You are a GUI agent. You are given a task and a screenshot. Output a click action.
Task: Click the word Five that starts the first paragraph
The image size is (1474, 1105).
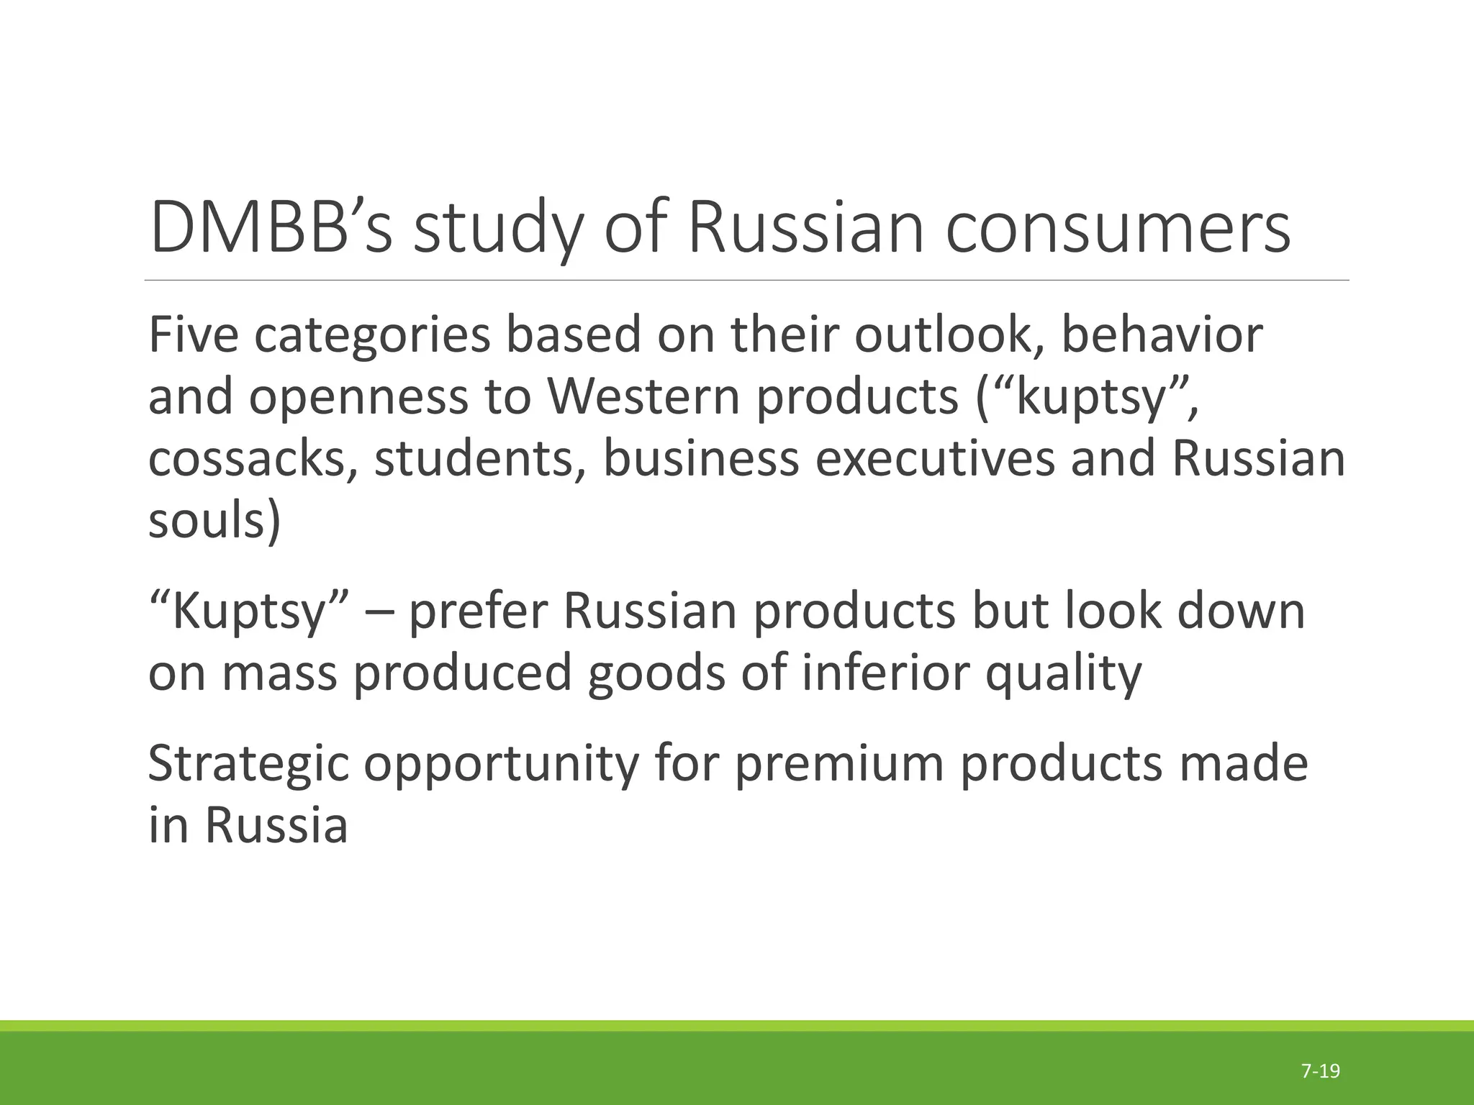pos(192,335)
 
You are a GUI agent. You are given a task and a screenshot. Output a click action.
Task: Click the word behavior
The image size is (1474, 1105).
pos(1162,335)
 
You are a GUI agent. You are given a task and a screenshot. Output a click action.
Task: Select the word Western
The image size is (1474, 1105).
pos(643,397)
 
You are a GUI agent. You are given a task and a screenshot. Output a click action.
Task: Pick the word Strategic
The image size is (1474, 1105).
pos(248,764)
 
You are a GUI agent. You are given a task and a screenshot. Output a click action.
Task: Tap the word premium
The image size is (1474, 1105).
pos(838,764)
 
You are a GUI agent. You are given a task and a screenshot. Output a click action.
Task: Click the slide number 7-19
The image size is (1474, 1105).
pos(1321,1070)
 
